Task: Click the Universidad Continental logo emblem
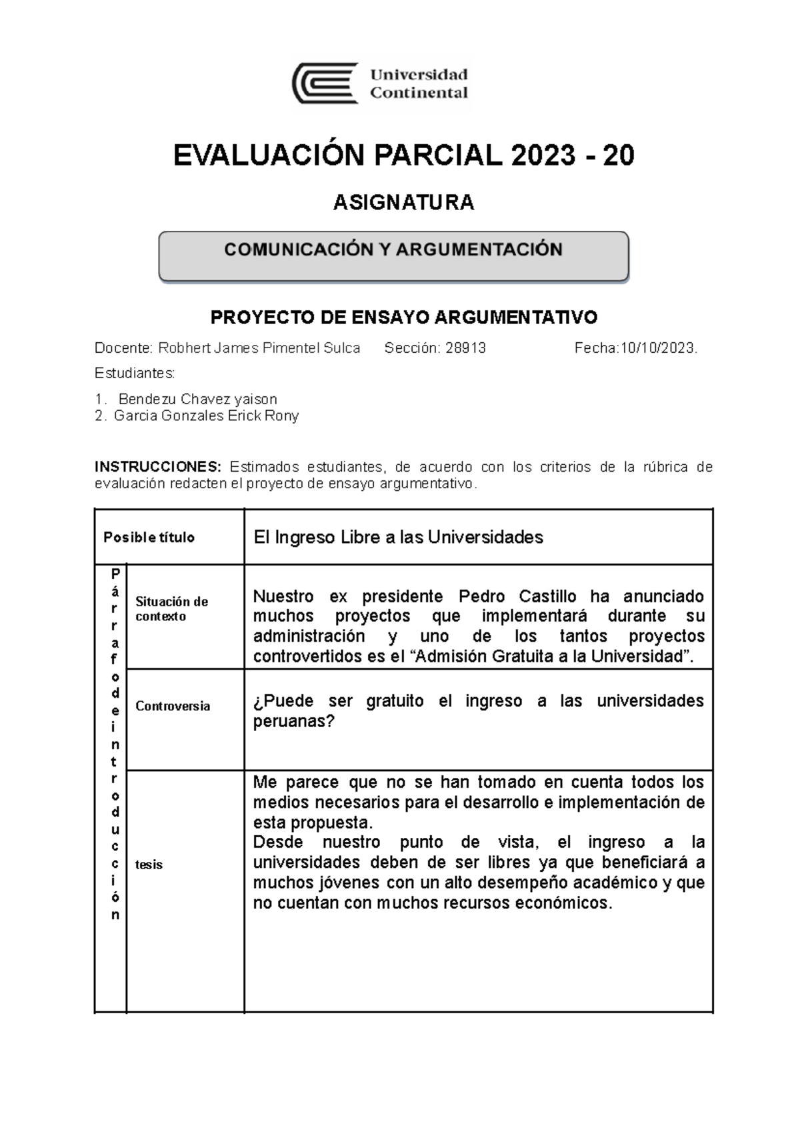[x=325, y=84]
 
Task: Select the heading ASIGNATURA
[x=403, y=202]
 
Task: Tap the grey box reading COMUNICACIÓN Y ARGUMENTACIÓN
[x=393, y=255]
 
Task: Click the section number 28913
[x=465, y=348]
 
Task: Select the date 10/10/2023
[x=657, y=348]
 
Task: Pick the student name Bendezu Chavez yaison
[x=197, y=399]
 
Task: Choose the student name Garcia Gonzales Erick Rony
[x=206, y=416]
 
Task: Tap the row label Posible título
[x=149, y=538]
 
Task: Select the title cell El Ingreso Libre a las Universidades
[x=398, y=537]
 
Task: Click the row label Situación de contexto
[x=171, y=608]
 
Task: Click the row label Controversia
[x=172, y=706]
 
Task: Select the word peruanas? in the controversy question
[x=293, y=721]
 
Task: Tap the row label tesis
[x=149, y=865]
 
